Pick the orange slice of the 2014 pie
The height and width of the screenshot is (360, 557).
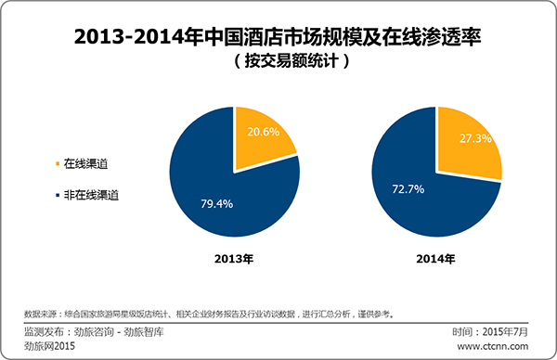[469, 148]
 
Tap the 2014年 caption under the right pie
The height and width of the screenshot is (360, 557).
[435, 260]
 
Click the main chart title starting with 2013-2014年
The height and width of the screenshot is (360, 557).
[278, 40]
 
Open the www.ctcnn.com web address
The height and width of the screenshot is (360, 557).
[500, 346]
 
